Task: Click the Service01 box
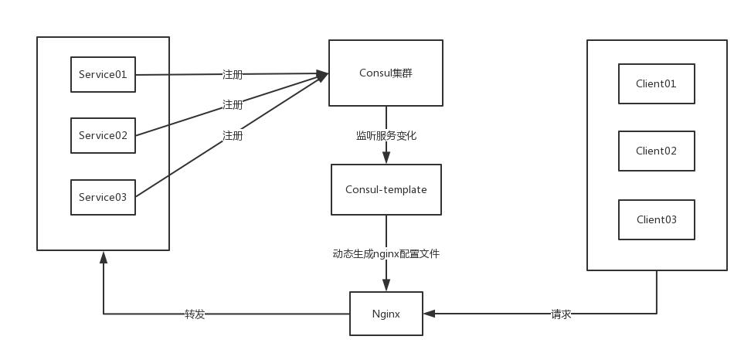click(103, 75)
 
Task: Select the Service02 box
click(103, 135)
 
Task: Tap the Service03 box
click(103, 197)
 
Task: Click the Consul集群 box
click(386, 73)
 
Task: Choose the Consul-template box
click(386, 189)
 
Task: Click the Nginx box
click(386, 314)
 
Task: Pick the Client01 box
click(656, 83)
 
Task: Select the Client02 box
click(656, 151)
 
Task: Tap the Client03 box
click(656, 219)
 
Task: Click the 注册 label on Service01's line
click(233, 75)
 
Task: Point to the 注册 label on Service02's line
click(233, 104)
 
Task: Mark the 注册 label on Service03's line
click(233, 135)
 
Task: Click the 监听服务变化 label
click(386, 135)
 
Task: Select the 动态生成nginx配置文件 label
click(386, 253)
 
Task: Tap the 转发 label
click(195, 314)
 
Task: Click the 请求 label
click(561, 314)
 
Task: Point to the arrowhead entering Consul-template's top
click(386, 158)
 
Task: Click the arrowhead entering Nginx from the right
click(430, 314)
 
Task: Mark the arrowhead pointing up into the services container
click(104, 256)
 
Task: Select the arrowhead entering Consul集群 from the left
click(323, 74)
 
